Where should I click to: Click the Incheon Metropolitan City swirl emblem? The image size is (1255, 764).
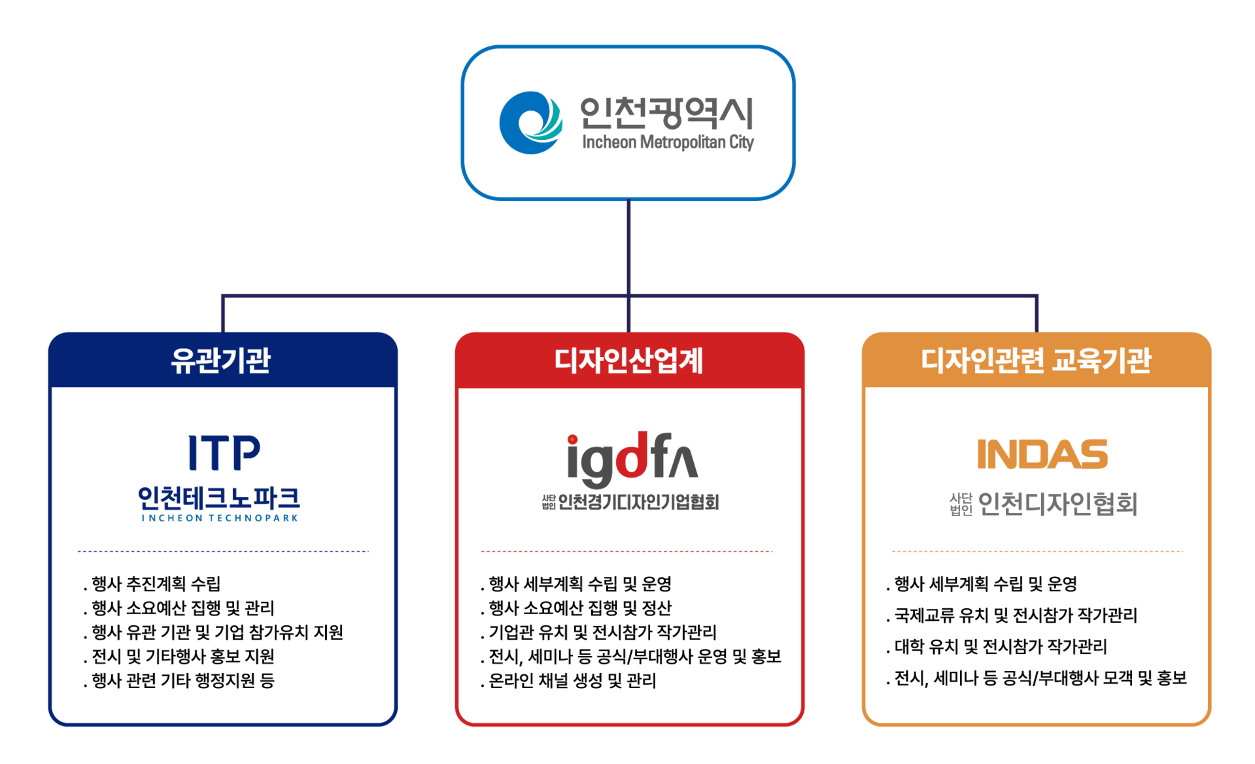click(x=530, y=123)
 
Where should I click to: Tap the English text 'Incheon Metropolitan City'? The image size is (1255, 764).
click(x=668, y=142)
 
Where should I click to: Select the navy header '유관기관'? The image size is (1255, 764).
click(x=221, y=360)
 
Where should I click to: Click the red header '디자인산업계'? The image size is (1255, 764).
click(x=628, y=360)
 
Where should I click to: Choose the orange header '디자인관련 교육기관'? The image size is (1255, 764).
click(x=1036, y=360)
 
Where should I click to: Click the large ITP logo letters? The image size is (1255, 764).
click(x=224, y=453)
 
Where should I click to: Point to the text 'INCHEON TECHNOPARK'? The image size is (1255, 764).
click(x=220, y=518)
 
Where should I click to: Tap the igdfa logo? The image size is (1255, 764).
click(x=632, y=460)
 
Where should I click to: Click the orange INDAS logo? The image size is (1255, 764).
click(x=1042, y=455)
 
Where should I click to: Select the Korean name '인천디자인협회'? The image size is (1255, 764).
click(x=1057, y=504)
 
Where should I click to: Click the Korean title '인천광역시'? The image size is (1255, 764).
click(x=667, y=113)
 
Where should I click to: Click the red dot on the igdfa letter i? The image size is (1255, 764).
click(x=572, y=440)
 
